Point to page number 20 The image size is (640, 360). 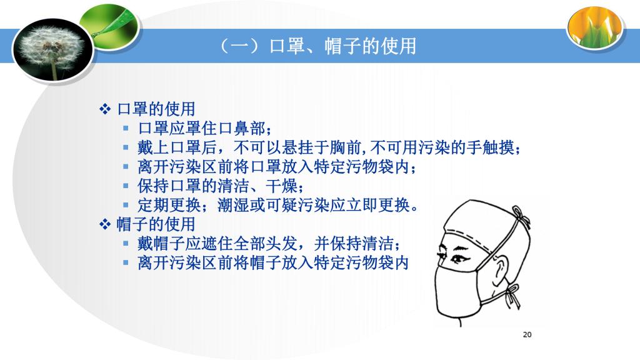527,335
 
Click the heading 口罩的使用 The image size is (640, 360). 156,109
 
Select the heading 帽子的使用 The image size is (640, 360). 156,224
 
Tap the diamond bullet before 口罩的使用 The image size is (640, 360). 105,109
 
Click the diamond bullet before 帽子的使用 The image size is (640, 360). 105,224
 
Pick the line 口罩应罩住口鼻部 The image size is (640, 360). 204,128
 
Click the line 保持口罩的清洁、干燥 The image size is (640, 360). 221,186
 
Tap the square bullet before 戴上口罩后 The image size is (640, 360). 126,147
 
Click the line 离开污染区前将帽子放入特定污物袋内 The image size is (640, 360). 273,262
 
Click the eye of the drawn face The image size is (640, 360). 458,258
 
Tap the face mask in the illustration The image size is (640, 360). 460,290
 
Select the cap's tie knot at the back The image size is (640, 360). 522,217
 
